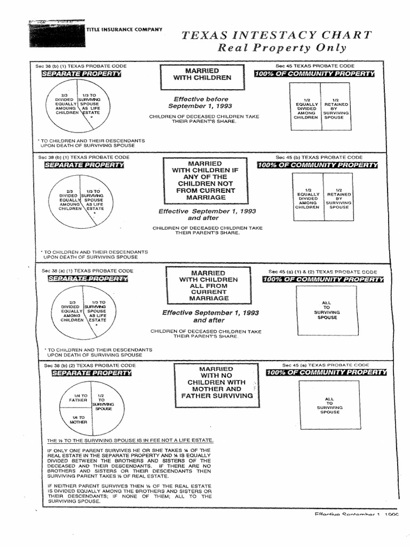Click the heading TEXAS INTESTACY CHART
(x=277, y=36)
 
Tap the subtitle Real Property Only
(x=281, y=48)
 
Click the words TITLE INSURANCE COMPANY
(x=124, y=29)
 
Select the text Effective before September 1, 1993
(x=201, y=103)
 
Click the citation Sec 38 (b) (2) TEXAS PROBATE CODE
(x=86, y=365)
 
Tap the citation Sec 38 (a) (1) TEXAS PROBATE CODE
(x=88, y=271)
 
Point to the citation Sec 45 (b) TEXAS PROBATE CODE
(x=319, y=157)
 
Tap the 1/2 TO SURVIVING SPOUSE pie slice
(x=101, y=404)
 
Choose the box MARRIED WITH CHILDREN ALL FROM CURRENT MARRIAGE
(x=209, y=286)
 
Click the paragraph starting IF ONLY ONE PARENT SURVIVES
(x=129, y=463)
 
